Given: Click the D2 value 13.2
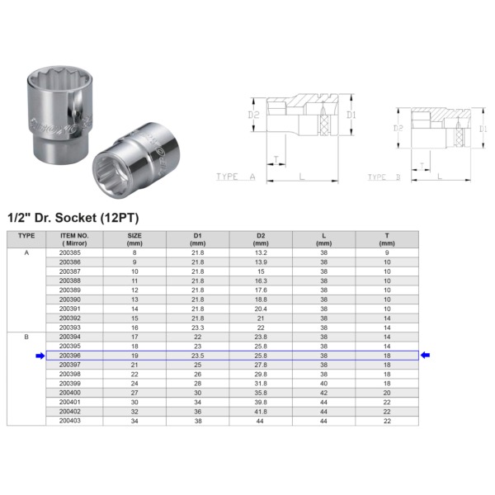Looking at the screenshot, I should (261, 252).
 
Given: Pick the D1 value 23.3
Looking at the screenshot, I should (198, 328).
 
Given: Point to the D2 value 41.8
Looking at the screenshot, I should (261, 412).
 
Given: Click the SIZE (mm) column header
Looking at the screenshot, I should (134, 239).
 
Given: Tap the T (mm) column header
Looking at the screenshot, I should (387, 239).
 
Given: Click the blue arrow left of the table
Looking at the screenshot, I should (39, 356).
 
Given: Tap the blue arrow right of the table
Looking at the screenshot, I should (427, 356).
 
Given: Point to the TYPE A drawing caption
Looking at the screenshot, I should (236, 177).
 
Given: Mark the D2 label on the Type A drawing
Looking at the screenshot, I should (254, 115).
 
